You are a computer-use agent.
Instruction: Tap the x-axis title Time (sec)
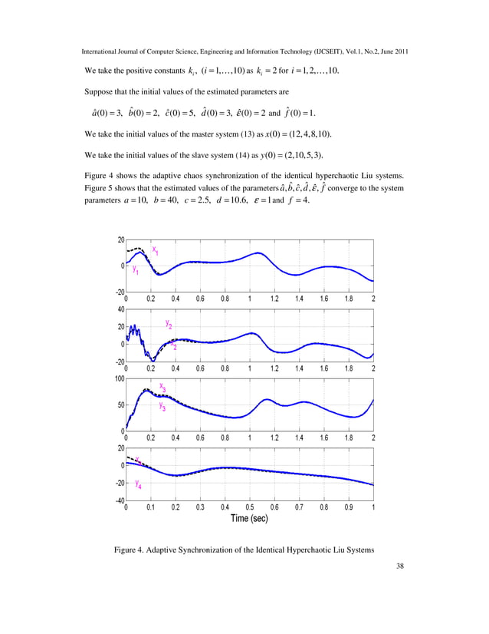pyautogui.click(x=251, y=518)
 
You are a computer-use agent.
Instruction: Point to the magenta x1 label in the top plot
pyautogui.click(x=156, y=250)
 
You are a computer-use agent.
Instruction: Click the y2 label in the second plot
pyautogui.click(x=169, y=324)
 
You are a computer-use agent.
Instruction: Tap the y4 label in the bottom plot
pyautogui.click(x=138, y=484)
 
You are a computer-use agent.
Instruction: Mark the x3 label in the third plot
pyautogui.click(x=162, y=388)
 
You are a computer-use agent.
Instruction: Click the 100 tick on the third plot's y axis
pyautogui.click(x=118, y=378)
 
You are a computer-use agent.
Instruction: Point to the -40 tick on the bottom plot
pyautogui.click(x=117, y=501)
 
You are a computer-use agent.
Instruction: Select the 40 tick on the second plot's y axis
pyautogui.click(x=120, y=309)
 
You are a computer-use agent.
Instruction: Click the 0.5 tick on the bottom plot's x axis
pyautogui.click(x=250, y=507)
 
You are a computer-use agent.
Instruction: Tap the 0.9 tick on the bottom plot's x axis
pyautogui.click(x=349, y=507)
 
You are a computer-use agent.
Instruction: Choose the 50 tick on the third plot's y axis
pyautogui.click(x=120, y=405)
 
